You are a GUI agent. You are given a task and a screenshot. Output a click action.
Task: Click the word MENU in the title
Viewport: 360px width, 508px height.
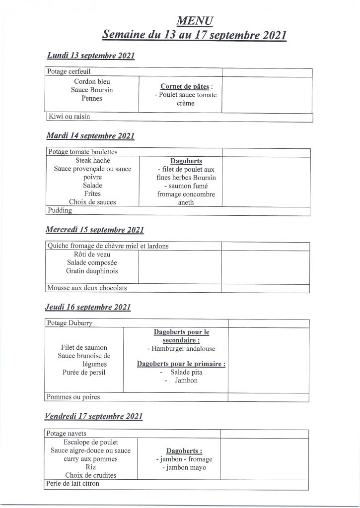coord(195,21)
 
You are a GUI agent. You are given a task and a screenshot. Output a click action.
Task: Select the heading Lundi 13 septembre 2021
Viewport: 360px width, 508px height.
coord(91,56)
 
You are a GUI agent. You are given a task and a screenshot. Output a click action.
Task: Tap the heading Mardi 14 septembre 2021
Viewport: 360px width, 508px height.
coord(90,135)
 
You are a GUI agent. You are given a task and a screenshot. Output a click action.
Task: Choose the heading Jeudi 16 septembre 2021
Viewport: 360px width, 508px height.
coord(88,308)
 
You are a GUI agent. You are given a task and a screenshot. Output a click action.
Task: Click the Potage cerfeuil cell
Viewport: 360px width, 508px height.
coord(69,72)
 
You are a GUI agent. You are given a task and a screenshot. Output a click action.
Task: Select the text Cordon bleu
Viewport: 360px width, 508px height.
coord(92,81)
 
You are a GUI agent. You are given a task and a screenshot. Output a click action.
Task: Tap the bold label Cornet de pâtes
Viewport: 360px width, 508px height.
coord(184,86)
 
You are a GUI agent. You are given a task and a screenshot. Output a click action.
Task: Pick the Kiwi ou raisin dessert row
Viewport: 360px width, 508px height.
coord(69,117)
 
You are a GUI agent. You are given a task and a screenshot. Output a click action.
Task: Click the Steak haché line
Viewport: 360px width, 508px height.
coord(93,161)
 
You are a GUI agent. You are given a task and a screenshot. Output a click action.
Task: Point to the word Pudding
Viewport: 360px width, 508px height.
coord(60,210)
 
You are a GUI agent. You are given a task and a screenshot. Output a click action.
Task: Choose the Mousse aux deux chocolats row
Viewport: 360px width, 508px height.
coord(87,288)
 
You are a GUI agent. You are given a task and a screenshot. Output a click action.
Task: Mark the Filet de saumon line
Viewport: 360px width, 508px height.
coord(84,347)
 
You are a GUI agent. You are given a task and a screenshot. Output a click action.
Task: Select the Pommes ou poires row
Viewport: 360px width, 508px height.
coord(72,397)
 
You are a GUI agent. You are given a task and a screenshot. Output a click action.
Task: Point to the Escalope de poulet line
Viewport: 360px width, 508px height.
coord(91,442)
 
